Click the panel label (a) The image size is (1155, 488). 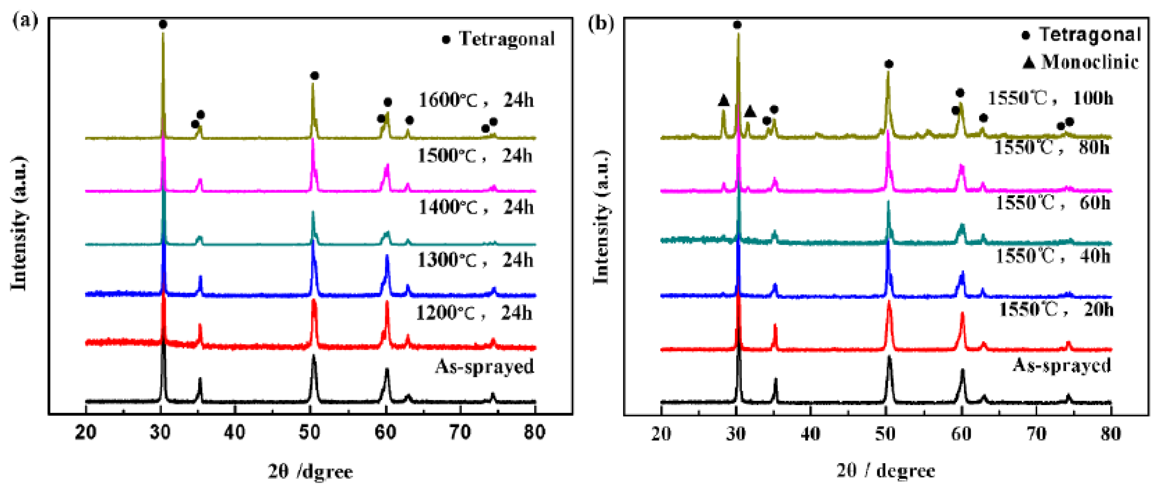pos(25,20)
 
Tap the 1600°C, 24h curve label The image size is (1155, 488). pos(476,99)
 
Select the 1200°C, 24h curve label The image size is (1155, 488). pos(474,313)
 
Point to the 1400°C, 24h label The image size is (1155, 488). pos(476,207)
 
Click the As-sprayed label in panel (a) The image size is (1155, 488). pos(484,366)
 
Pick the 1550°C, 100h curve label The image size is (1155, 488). pos(1050,98)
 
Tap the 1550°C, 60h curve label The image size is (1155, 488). pos(1053,203)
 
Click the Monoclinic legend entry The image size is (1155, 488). pos(1081,61)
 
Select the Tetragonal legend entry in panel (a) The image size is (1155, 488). pos(499,39)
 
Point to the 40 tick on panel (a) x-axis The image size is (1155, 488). pos(235,432)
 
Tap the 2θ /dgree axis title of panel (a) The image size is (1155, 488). pos(310,471)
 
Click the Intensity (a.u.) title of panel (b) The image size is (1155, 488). pos(601,217)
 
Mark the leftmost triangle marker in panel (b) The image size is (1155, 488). pos(723,100)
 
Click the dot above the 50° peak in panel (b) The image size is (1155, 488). pos(889,64)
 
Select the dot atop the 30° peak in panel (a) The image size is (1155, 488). pos(163,24)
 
